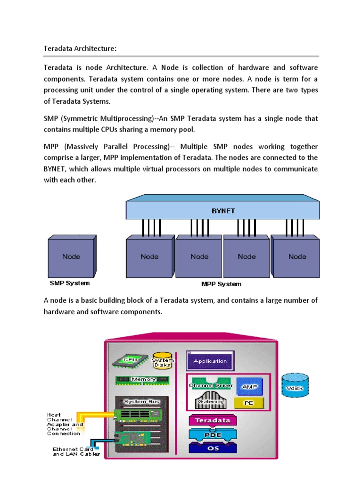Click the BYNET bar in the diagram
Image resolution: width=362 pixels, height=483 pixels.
(222, 211)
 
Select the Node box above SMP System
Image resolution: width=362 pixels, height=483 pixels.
(71, 257)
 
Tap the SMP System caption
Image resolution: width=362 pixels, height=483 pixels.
(70, 283)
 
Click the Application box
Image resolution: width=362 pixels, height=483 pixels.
(210, 361)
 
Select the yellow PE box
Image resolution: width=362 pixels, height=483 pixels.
(249, 403)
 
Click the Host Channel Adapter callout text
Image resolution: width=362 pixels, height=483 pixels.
(65, 424)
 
